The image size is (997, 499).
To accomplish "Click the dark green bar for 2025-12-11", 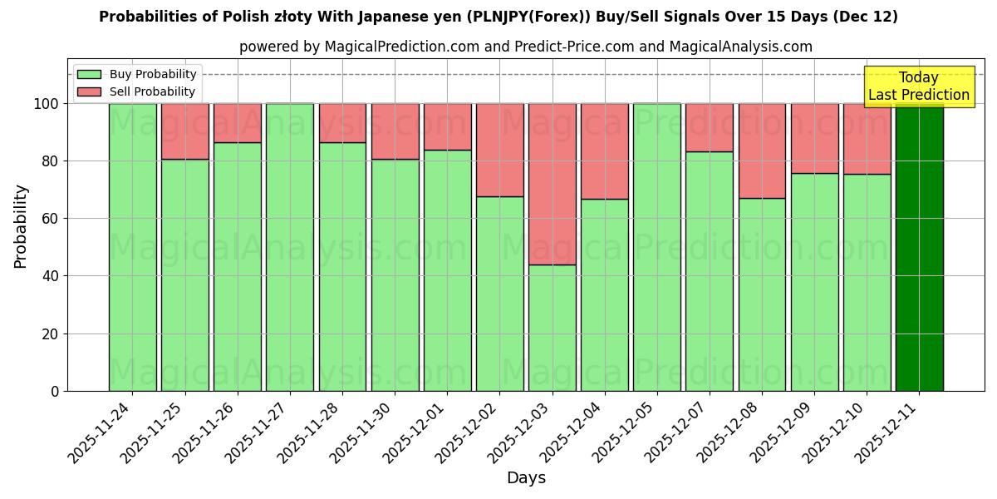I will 919,247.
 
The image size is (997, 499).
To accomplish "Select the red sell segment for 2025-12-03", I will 552,184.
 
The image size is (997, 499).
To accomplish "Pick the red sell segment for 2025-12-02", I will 499,150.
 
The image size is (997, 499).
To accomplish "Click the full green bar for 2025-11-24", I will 132,247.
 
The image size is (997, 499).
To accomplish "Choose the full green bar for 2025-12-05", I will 656,247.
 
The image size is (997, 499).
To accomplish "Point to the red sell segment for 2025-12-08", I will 762,151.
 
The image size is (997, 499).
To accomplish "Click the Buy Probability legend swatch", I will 89,75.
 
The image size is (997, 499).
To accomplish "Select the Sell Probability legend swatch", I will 89,91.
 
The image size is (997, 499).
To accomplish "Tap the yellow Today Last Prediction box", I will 919,86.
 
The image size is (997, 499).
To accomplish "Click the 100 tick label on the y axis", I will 46,104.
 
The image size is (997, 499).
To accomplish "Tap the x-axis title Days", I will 526,478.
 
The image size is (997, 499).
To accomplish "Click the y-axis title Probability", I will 21,226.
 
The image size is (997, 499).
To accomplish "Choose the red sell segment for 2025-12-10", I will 867,139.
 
